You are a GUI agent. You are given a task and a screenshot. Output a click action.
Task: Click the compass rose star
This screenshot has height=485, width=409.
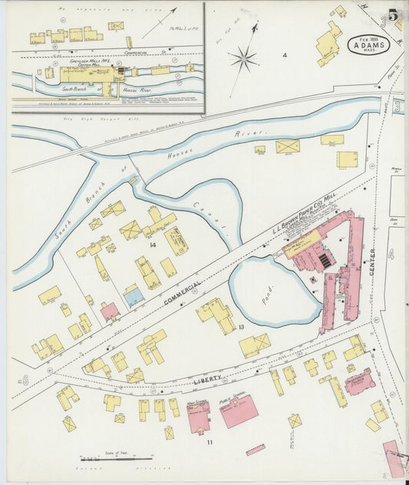coord(244,58)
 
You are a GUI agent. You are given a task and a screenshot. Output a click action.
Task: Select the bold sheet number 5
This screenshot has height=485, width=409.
coord(392,15)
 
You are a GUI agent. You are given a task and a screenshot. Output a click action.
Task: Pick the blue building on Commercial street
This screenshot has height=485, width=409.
coord(134,296)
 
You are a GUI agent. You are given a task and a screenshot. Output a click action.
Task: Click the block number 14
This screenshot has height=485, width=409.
coord(153,245)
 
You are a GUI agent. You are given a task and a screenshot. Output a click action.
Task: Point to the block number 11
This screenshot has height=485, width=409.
coord(209,443)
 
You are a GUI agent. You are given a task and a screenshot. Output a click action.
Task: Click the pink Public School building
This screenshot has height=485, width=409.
coord(239,411)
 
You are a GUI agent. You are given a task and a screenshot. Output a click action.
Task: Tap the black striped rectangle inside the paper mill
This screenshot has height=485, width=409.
coord(326,260)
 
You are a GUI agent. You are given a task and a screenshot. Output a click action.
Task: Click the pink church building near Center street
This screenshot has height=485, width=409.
coord(359,381)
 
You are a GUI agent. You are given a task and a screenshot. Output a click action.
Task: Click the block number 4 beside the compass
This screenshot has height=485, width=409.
coord(284,55)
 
